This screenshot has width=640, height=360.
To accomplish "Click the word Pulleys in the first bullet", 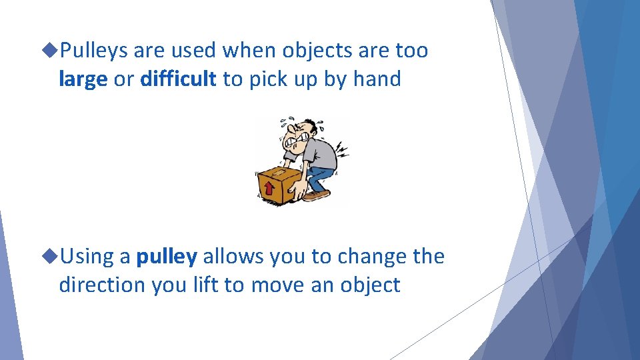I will [x=94, y=51].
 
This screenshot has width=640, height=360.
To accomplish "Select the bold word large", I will [x=83, y=79].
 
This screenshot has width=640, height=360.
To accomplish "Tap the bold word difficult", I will [x=178, y=79].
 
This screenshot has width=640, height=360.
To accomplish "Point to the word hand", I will [x=377, y=79].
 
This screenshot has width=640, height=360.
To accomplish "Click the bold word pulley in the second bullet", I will [x=167, y=257].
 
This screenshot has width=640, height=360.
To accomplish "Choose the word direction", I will [x=103, y=285].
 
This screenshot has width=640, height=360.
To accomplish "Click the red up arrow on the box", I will [x=269, y=189].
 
